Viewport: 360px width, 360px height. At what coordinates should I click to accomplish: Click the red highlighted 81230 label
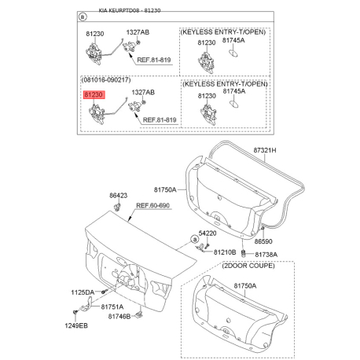(93, 94)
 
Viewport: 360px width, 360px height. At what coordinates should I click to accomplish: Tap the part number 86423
(118, 194)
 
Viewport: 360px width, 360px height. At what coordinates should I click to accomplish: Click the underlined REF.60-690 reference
(152, 206)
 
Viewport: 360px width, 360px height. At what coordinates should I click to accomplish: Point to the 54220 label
(208, 233)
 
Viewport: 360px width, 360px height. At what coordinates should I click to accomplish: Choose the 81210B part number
(224, 252)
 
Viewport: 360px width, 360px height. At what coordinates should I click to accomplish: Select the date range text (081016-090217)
(106, 80)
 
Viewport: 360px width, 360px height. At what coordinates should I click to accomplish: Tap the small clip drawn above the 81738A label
(244, 252)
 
